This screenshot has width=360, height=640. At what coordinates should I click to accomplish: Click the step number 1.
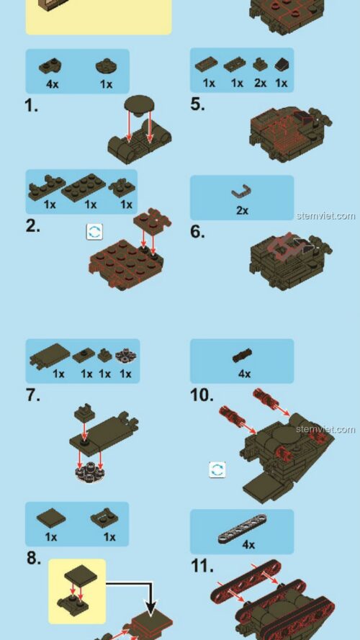click(32, 106)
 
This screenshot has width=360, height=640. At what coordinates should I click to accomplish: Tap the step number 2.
click(32, 226)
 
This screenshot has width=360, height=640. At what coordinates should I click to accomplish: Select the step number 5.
click(197, 104)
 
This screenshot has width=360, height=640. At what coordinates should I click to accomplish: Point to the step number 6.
click(197, 232)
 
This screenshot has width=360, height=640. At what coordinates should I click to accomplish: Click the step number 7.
click(33, 395)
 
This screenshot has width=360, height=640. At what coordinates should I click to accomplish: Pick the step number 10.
click(202, 395)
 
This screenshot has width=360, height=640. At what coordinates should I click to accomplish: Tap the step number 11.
click(202, 566)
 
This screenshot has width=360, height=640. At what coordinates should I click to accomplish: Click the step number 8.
click(33, 558)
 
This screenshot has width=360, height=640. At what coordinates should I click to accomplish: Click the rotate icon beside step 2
click(94, 232)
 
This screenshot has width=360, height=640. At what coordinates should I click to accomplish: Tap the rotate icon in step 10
click(217, 470)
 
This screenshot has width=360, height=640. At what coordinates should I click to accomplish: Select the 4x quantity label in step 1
click(53, 84)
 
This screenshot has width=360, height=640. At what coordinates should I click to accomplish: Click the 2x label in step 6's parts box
click(242, 210)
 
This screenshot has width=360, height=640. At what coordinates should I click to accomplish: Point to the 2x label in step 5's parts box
click(260, 83)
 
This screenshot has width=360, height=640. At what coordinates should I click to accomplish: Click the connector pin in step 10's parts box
click(242, 356)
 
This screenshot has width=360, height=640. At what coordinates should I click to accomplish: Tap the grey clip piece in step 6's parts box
click(241, 191)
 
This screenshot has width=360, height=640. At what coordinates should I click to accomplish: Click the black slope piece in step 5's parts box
click(282, 64)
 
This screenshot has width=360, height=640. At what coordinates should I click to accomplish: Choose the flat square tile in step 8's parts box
click(51, 519)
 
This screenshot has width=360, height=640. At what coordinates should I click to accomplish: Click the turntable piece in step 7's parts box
click(126, 356)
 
